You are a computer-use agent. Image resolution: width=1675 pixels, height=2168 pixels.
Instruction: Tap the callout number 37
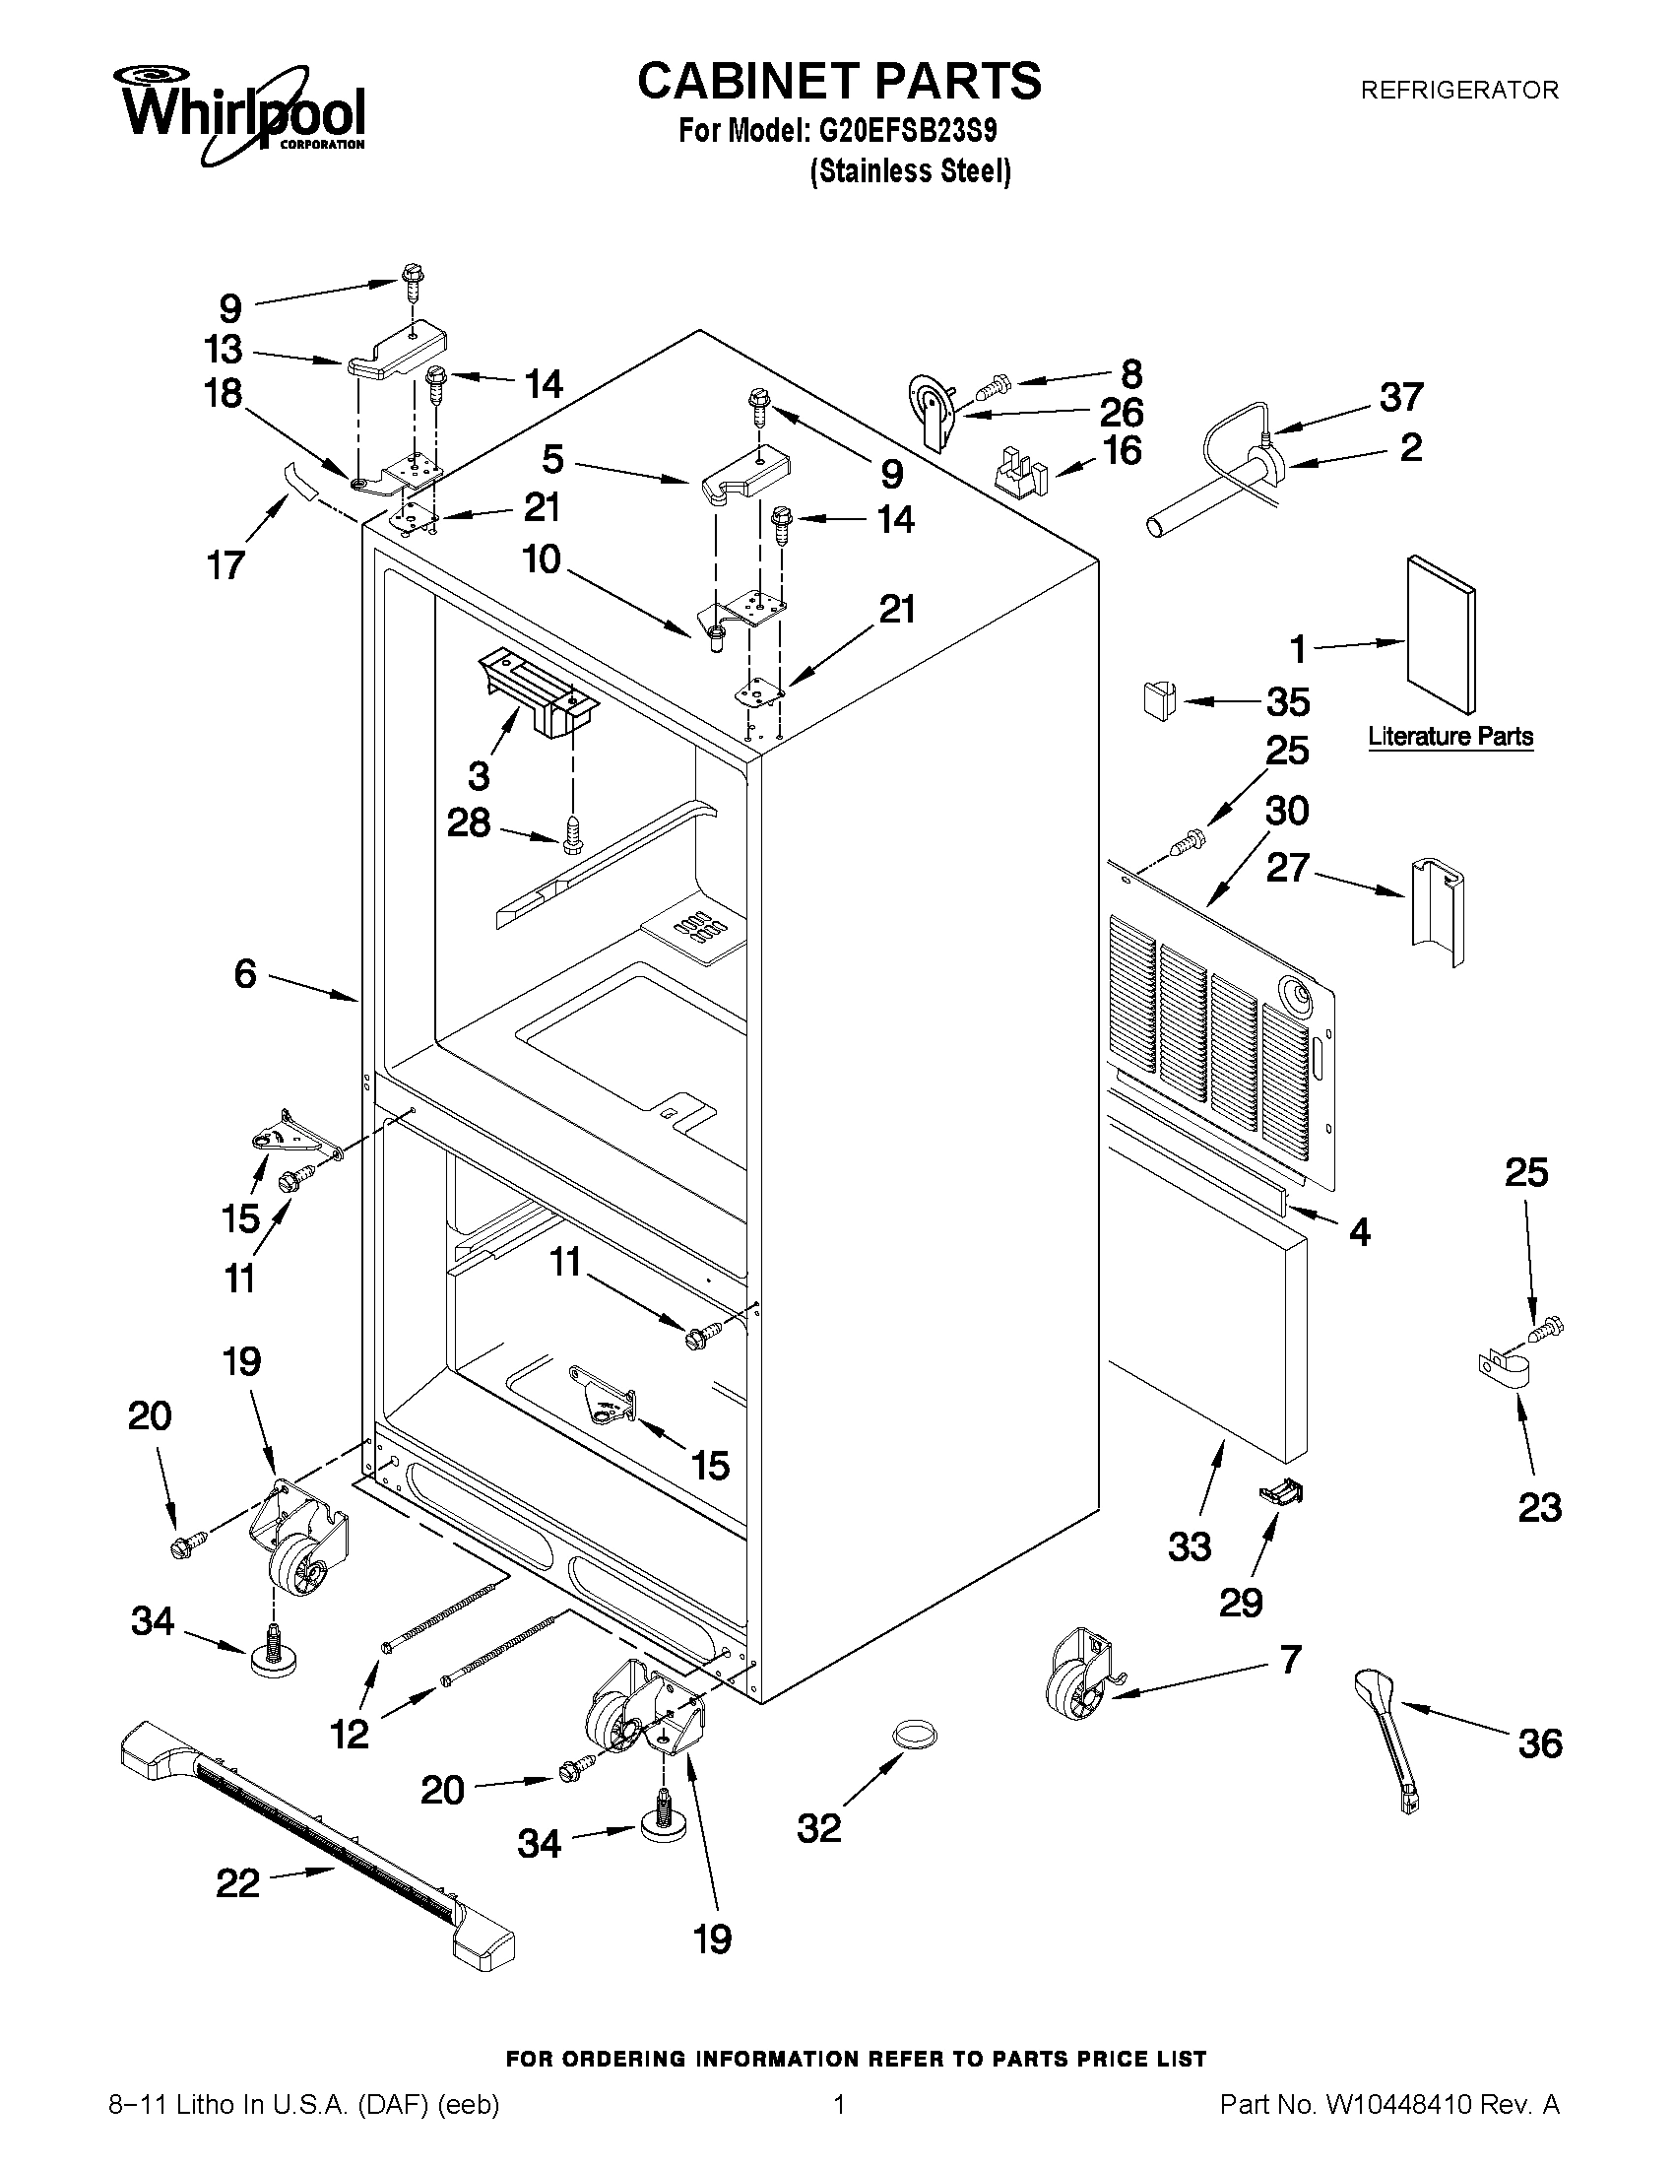(x=1401, y=398)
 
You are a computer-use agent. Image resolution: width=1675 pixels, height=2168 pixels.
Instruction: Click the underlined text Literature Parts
(x=1450, y=737)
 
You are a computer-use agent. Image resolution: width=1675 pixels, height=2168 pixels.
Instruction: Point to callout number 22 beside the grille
(x=237, y=1883)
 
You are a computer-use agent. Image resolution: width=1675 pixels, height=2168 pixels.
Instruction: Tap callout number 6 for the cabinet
(x=245, y=974)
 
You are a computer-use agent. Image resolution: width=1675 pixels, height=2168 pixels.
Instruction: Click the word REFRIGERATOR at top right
(x=1457, y=91)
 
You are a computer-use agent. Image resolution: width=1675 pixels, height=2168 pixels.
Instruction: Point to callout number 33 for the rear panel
(x=1189, y=1545)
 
